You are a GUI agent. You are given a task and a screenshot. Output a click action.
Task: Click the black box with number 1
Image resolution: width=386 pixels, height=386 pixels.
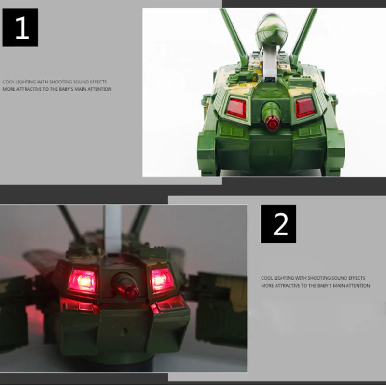click(20, 28)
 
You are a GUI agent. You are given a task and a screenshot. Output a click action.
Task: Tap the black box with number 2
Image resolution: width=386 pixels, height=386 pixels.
click(278, 224)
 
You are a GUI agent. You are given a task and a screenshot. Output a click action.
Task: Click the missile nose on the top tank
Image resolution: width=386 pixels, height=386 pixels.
click(272, 31)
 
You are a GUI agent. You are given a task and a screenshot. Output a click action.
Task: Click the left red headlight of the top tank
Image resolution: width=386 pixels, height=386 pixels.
click(236, 108)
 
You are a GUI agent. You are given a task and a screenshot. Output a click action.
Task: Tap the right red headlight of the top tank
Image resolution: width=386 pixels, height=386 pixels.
click(305, 108)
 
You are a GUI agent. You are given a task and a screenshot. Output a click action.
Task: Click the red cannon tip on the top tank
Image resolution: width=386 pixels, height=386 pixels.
click(272, 123)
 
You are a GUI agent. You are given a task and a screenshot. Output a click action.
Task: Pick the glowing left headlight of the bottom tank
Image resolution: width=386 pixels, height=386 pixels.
click(82, 281)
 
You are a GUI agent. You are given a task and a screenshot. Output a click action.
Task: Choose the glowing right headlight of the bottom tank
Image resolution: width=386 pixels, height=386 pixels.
click(162, 280)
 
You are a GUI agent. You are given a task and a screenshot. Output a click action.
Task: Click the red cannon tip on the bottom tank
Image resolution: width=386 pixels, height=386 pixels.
click(129, 292)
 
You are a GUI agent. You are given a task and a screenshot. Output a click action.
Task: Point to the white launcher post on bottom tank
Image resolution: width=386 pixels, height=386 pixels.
click(113, 229)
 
